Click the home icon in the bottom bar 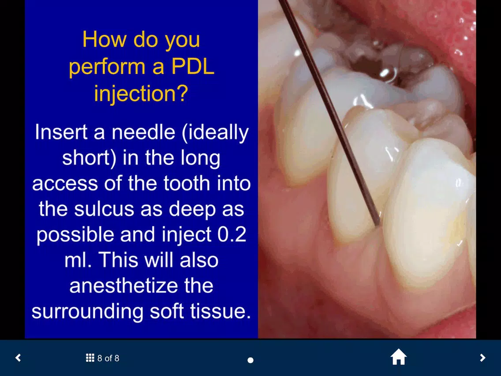coord(398,357)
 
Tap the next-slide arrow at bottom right coord(482,357)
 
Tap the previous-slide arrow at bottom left coord(18,357)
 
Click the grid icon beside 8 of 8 coord(90,358)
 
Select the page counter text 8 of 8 coord(108,358)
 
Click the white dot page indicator coord(250,360)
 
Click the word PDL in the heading coord(193,67)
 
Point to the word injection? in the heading coord(141,94)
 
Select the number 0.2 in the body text coord(232,234)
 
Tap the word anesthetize coord(141,286)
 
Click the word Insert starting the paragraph coord(61,132)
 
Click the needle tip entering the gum coord(378,225)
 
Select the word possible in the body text coord(75,235)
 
